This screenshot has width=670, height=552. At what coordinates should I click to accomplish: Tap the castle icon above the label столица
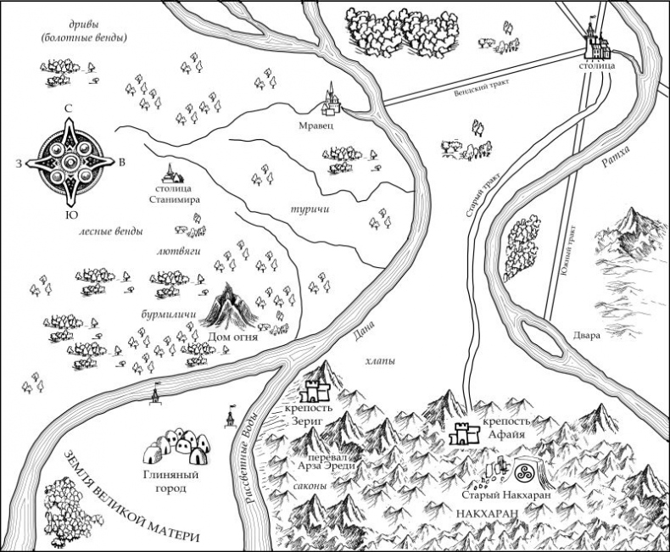(x=596, y=40)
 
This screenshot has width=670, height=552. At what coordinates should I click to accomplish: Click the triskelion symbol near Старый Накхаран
(x=522, y=472)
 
